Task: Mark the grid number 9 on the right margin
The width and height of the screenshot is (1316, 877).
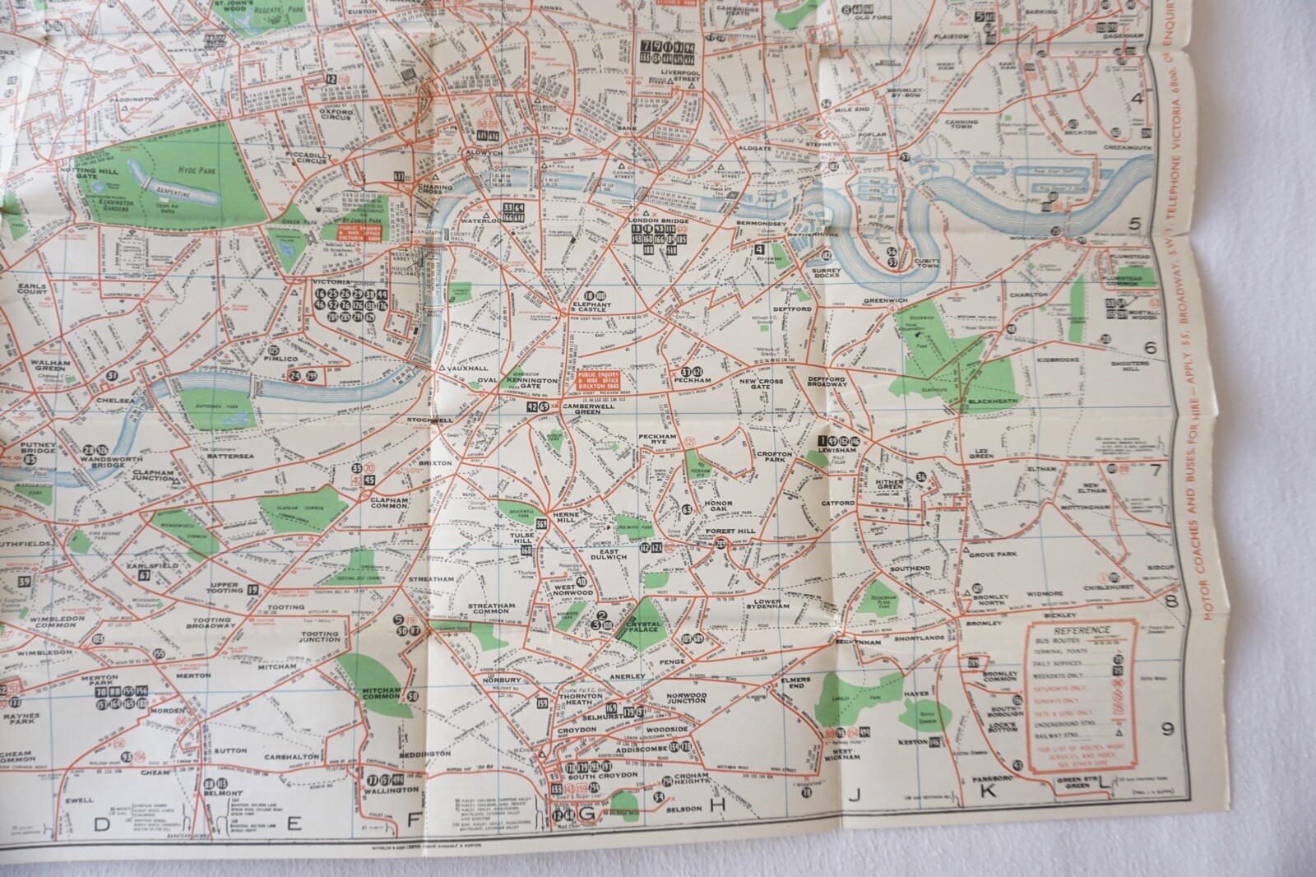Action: tap(1165, 727)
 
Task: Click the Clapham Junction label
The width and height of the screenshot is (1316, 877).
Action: tap(152, 478)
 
